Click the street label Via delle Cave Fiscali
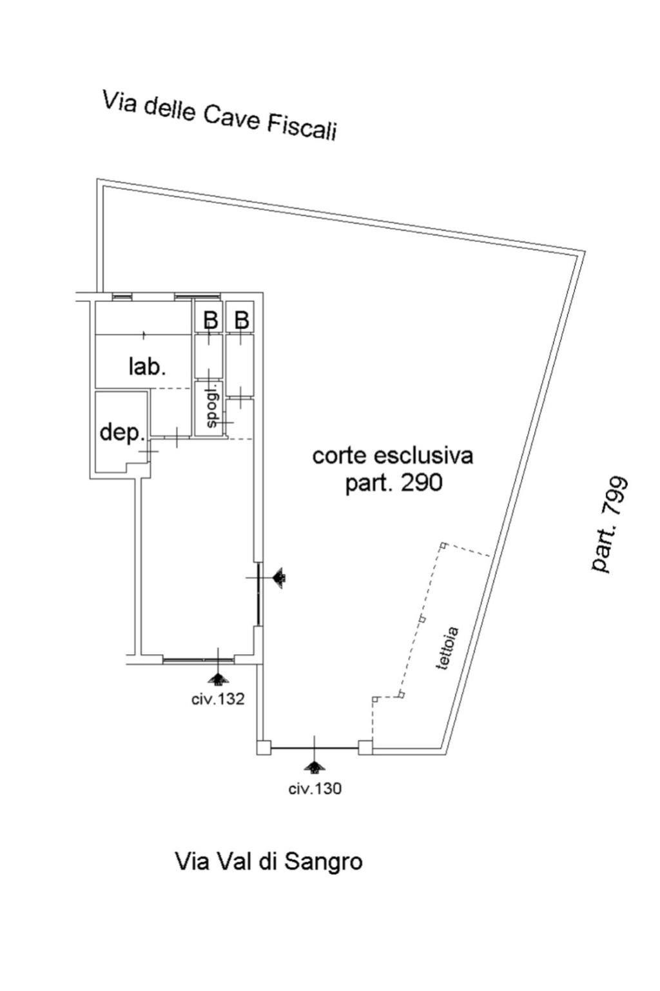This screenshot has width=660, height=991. tap(220, 115)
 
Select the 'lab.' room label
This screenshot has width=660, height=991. tap(147, 366)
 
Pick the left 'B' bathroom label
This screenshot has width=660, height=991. tap(211, 320)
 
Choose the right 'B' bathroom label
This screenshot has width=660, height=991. tap(241, 320)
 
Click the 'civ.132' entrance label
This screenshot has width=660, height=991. tap(218, 699)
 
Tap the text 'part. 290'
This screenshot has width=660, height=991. tap(393, 483)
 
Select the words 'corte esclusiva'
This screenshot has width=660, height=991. tap(393, 455)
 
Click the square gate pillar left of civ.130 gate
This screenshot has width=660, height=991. tap(264, 748)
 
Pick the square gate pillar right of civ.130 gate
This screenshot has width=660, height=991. tap(365, 748)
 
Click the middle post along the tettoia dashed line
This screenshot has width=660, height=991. tap(422, 619)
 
